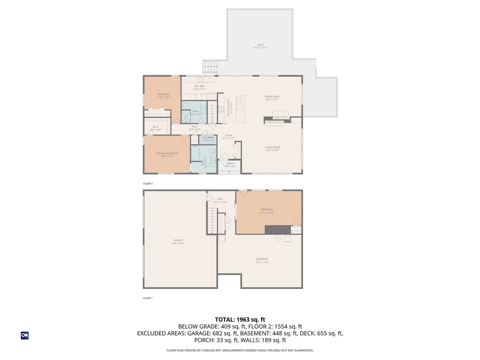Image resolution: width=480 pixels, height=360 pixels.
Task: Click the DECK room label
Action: pyautogui.click(x=260, y=45)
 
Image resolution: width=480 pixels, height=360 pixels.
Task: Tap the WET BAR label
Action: pyautogui.click(x=199, y=86)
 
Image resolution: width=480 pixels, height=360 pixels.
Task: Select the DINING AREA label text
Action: pyautogui.click(x=272, y=97)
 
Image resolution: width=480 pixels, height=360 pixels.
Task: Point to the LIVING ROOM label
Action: pyautogui.click(x=272, y=147)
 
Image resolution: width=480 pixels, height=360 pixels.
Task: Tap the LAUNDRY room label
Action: pyautogui.click(x=209, y=137)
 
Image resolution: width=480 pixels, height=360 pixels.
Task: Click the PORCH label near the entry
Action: pyautogui.click(x=230, y=164)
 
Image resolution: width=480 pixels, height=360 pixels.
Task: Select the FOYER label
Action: pyautogui.click(x=228, y=135)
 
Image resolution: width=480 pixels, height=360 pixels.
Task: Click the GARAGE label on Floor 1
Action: pyautogui.click(x=178, y=240)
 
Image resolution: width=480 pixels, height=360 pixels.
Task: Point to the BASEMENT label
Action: pyautogui.click(x=262, y=259)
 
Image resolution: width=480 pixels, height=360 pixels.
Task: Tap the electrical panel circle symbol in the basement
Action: pyautogui.click(x=277, y=238)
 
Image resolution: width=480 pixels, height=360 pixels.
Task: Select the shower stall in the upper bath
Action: pyautogui.click(x=187, y=115)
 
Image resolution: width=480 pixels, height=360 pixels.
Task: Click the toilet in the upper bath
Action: pyautogui.click(x=186, y=105)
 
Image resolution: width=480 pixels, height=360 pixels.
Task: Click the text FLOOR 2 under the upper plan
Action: pyautogui.click(x=148, y=184)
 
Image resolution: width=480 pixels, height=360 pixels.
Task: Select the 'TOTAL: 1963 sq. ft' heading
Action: pyautogui.click(x=240, y=319)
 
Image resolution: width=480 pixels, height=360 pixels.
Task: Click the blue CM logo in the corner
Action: pyautogui.click(x=24, y=336)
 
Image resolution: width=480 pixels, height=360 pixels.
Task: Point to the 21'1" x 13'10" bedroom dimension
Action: pyautogui.click(x=267, y=213)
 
